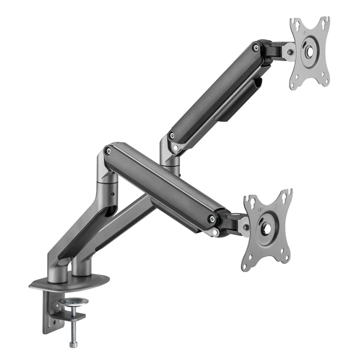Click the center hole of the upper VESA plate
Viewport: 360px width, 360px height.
point(310,51)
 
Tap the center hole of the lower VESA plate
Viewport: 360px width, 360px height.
point(267,226)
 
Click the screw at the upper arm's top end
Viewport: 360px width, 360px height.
point(256,48)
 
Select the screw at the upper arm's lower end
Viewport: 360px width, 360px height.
point(171,136)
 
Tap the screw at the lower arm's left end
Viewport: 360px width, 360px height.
point(108,151)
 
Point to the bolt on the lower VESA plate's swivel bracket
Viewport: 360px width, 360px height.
point(246,227)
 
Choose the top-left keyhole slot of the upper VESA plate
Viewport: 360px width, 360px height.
point(296,23)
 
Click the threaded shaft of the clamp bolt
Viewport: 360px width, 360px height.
point(72,316)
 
